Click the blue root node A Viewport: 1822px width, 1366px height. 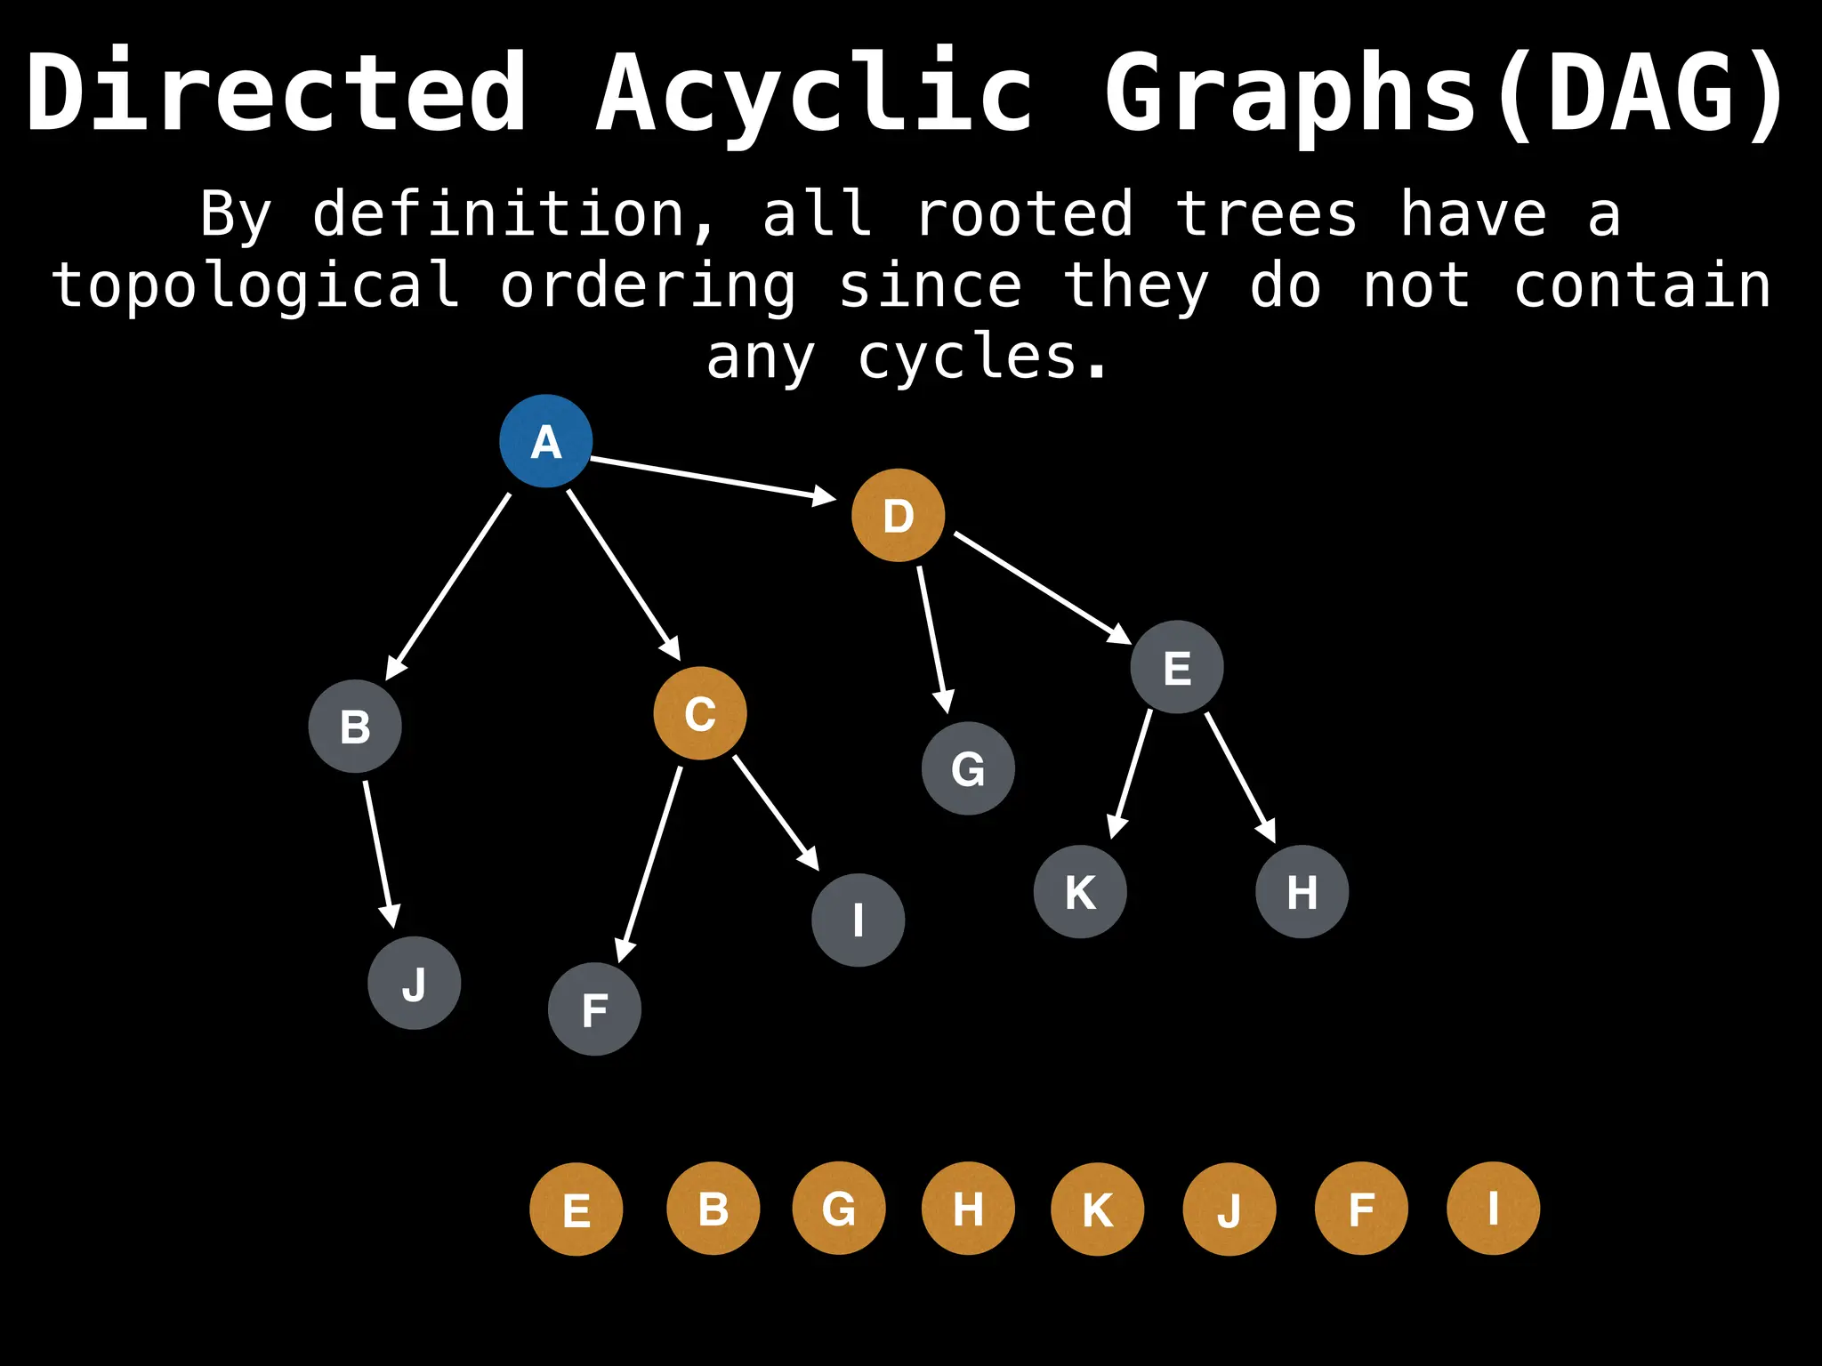point(545,441)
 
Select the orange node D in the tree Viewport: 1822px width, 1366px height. point(898,515)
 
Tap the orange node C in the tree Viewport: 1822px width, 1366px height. point(700,713)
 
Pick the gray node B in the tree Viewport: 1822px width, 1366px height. point(355,727)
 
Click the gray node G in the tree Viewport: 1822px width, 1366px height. point(968,768)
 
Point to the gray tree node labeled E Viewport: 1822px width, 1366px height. point(1177,667)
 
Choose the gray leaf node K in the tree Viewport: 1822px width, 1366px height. point(1080,891)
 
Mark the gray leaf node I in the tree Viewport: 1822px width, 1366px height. point(859,920)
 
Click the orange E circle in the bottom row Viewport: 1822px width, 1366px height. point(576,1209)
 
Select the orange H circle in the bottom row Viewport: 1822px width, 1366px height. point(968,1209)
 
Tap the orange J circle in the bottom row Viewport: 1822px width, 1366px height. point(1229,1209)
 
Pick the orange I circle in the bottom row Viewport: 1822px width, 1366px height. point(1493,1209)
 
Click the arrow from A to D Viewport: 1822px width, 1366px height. point(712,478)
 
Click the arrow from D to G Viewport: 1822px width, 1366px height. point(932,639)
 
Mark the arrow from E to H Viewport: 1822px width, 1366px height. point(1240,777)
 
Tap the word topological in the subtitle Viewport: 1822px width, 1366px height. point(256,286)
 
